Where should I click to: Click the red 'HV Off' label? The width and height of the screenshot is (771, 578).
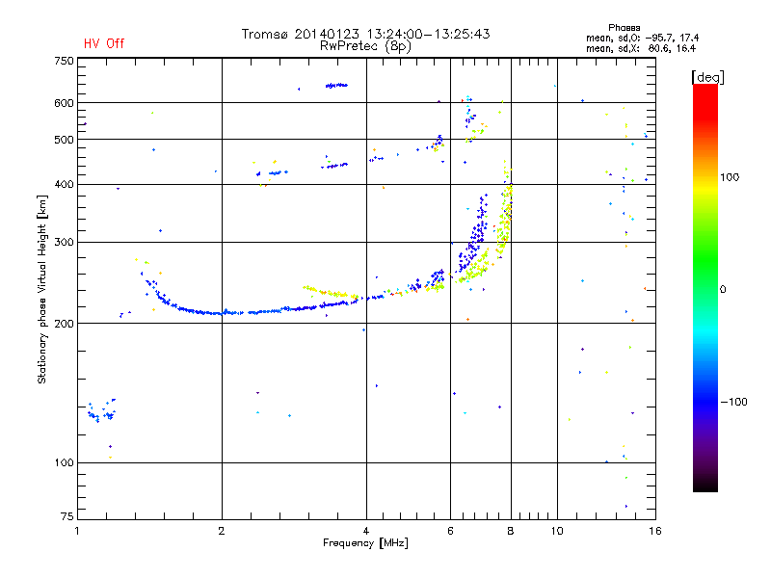click(104, 43)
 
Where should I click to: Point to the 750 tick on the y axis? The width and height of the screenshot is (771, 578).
click(64, 61)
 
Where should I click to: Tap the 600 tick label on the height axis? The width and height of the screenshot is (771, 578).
click(64, 103)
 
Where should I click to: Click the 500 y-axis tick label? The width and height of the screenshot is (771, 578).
click(64, 140)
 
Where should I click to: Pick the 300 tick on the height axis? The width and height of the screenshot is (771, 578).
click(64, 243)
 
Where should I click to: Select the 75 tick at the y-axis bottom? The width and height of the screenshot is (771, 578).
click(66, 517)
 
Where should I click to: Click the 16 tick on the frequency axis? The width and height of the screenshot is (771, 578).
click(653, 531)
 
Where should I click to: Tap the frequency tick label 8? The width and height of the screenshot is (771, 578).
click(511, 531)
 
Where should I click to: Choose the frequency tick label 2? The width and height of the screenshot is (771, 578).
click(222, 531)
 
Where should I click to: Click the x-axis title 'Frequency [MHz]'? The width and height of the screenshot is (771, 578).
click(365, 543)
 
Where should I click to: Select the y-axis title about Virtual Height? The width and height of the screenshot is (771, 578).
click(42, 289)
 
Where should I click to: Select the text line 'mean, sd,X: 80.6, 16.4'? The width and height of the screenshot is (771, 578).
click(641, 47)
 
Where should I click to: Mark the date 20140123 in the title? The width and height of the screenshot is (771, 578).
click(326, 34)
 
